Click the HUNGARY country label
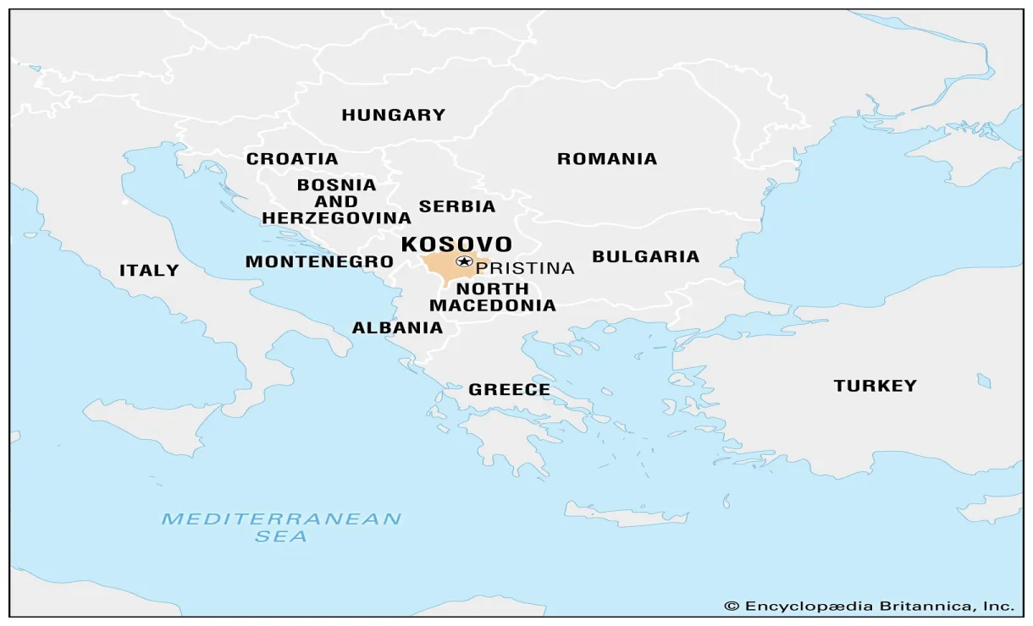click(x=393, y=115)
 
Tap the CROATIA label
click(x=292, y=159)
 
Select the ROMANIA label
click(x=606, y=159)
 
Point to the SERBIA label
click(x=457, y=206)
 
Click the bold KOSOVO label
click(x=456, y=244)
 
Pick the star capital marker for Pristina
click(x=463, y=261)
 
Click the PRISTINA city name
click(x=525, y=268)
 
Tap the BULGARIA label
click(x=645, y=256)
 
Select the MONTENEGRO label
click(x=319, y=262)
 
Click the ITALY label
click(x=149, y=271)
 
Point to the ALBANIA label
click(x=397, y=327)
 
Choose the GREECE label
click(x=509, y=390)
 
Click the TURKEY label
click(x=875, y=386)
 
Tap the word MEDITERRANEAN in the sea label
click(x=281, y=519)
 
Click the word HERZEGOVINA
click(x=336, y=218)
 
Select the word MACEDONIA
click(x=493, y=305)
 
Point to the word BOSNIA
click(x=336, y=184)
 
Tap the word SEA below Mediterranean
click(x=281, y=536)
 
